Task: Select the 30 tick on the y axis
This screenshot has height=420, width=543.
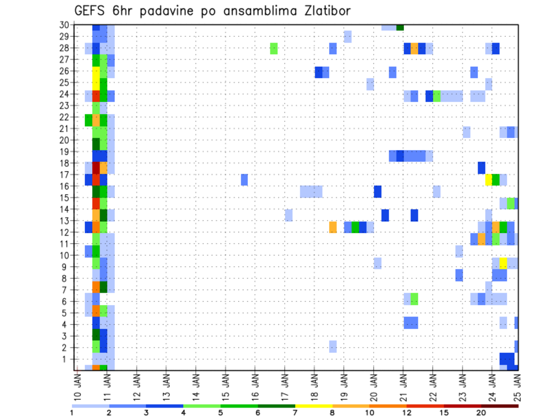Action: [64, 24]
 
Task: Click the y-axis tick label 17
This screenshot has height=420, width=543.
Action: [64, 175]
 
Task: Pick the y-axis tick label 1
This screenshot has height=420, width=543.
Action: [66, 359]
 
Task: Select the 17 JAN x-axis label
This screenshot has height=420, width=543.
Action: [285, 388]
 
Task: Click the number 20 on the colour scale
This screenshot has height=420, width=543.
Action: [481, 412]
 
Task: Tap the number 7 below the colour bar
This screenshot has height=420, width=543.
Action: [295, 412]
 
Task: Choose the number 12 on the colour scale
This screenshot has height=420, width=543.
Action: [406, 412]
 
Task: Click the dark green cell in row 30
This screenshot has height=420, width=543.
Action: [400, 27]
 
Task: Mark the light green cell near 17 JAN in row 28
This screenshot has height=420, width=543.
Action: [274, 48]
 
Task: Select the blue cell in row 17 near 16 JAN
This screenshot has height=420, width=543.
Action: [244, 179]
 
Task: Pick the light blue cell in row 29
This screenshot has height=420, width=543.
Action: [347, 37]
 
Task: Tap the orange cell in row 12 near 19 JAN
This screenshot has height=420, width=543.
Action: [333, 227]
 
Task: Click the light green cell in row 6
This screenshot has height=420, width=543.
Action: [414, 298]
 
